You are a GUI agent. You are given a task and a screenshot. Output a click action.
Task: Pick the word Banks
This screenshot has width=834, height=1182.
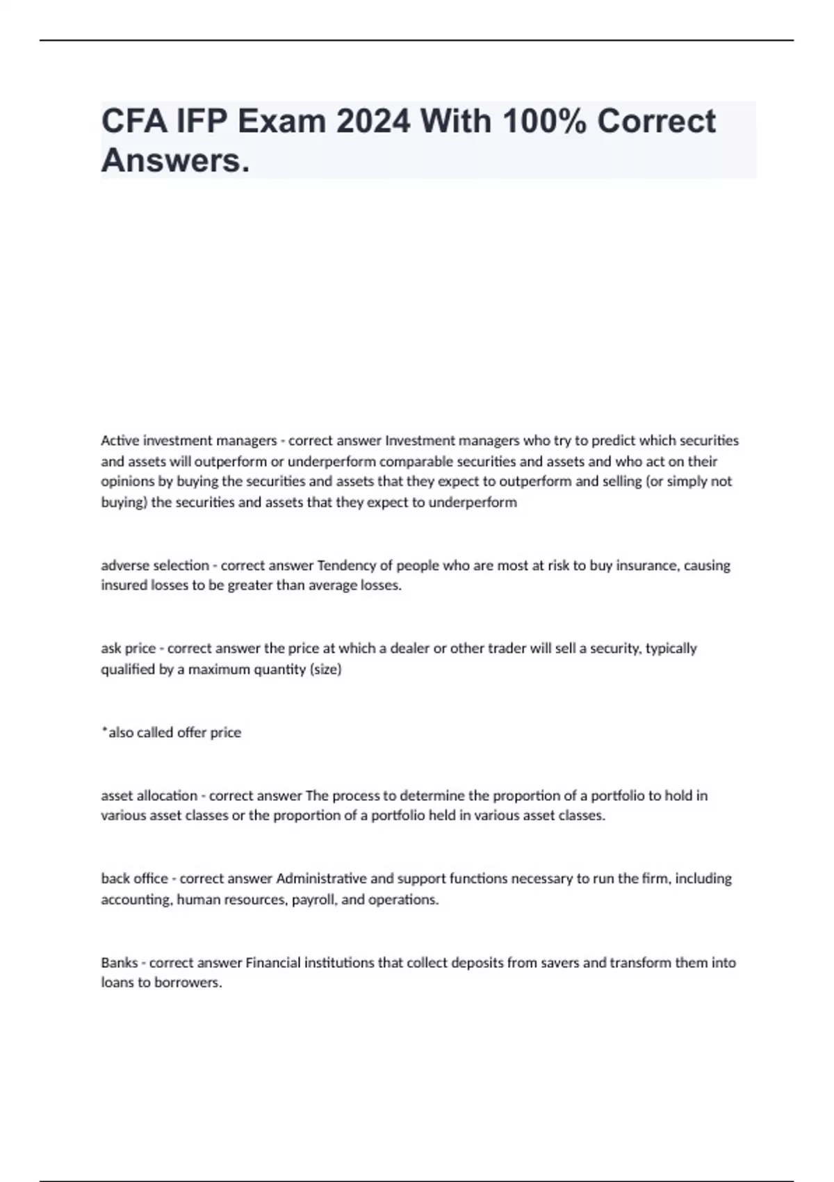[119, 962]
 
